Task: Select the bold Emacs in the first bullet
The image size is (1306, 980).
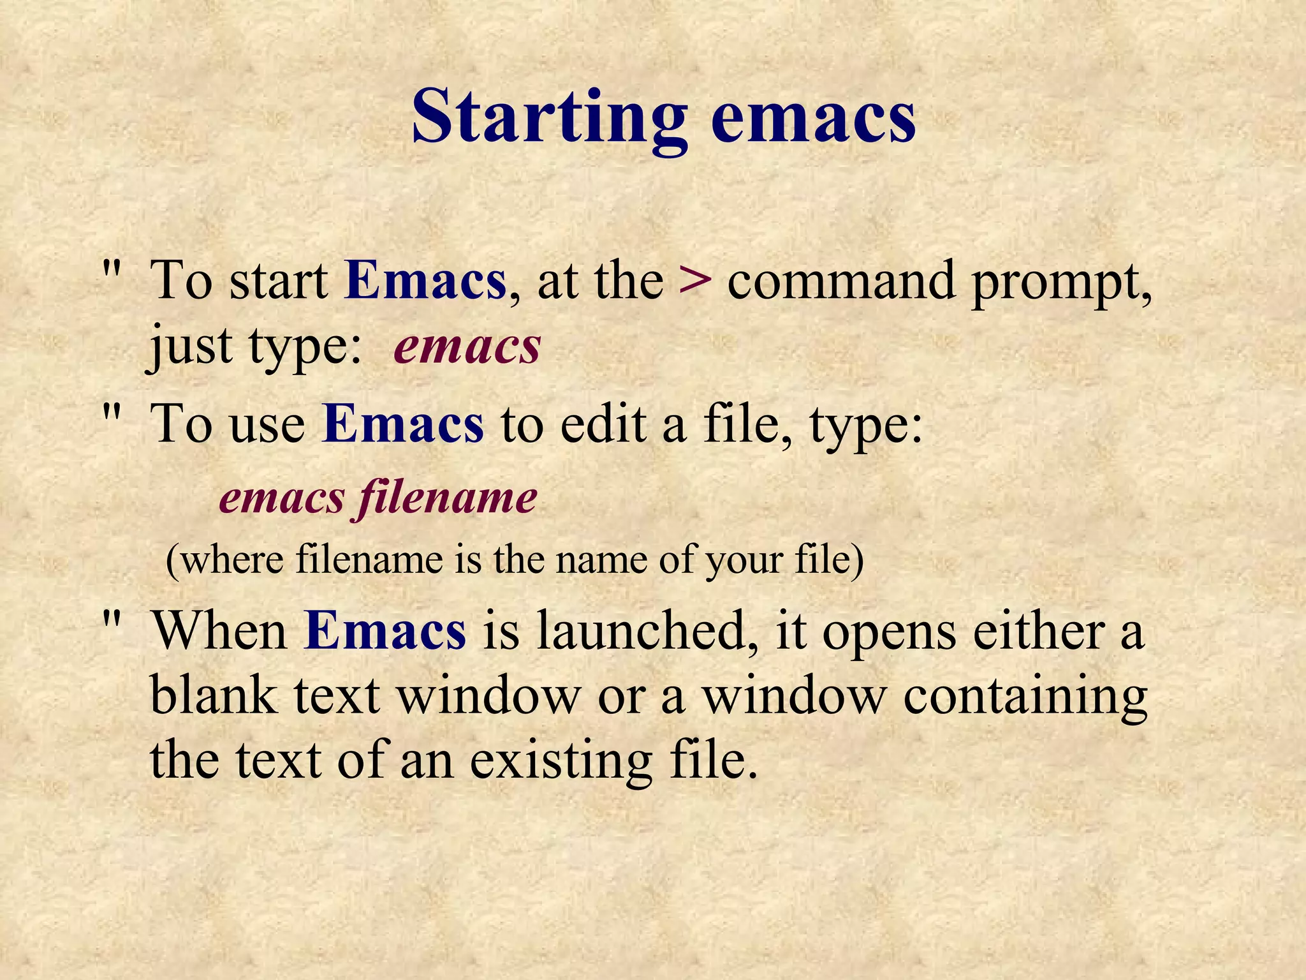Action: click(425, 281)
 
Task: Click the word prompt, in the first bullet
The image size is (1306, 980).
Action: click(1061, 284)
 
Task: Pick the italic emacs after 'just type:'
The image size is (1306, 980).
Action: click(467, 348)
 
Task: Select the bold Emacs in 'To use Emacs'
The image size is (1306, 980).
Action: click(403, 424)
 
